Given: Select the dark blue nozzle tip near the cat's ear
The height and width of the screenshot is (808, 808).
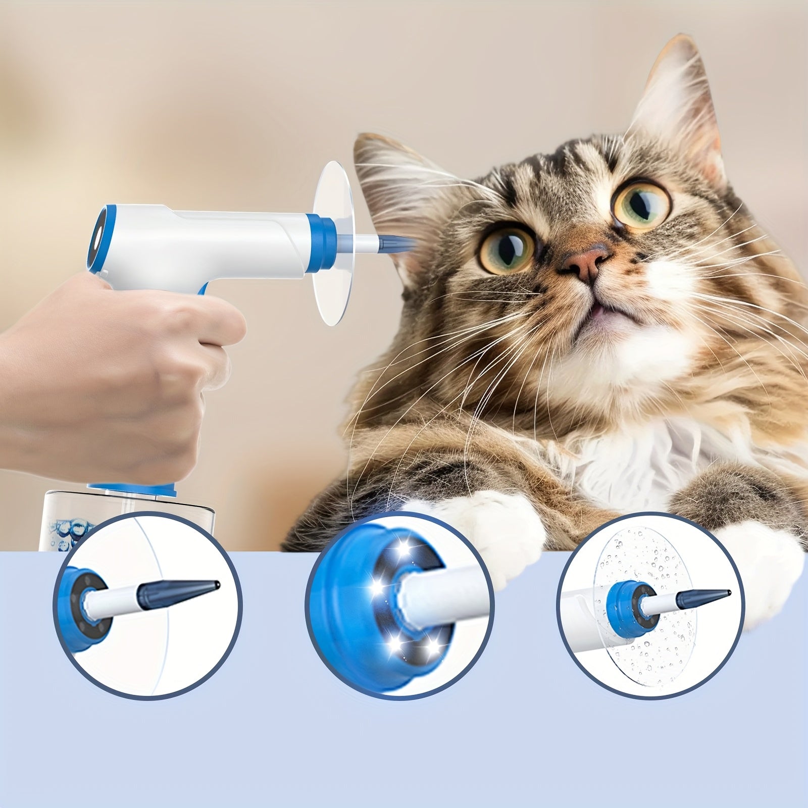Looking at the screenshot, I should point(399,245).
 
